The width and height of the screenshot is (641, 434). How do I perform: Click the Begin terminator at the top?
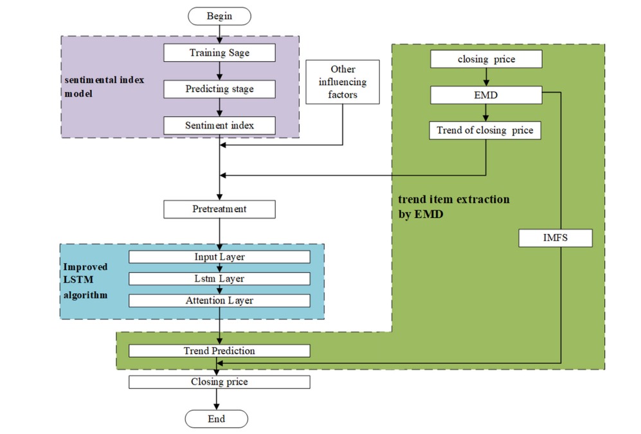pos(219,16)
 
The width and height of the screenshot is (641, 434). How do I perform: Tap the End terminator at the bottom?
pos(217,419)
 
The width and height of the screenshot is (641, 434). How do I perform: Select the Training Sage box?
pos(219,53)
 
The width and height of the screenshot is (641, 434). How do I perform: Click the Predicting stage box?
pos(219,89)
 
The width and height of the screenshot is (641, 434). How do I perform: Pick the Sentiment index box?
pos(219,125)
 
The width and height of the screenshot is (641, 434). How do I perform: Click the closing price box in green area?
pos(486,60)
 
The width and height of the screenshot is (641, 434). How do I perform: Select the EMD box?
pos(486,95)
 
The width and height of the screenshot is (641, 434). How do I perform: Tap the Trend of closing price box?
pos(486,131)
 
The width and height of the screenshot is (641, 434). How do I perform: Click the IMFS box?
pos(555,239)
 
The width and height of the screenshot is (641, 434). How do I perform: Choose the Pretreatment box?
pos(219,209)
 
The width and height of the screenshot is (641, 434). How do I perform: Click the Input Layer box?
pos(219,257)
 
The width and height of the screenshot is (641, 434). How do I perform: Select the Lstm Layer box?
pos(219,278)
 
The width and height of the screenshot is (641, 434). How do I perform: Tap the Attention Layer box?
pos(219,300)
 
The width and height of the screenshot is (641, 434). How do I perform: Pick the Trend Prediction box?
pos(219,351)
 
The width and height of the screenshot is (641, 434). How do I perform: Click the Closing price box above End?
pos(219,382)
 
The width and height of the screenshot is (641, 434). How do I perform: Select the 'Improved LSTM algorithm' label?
pos(86,280)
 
